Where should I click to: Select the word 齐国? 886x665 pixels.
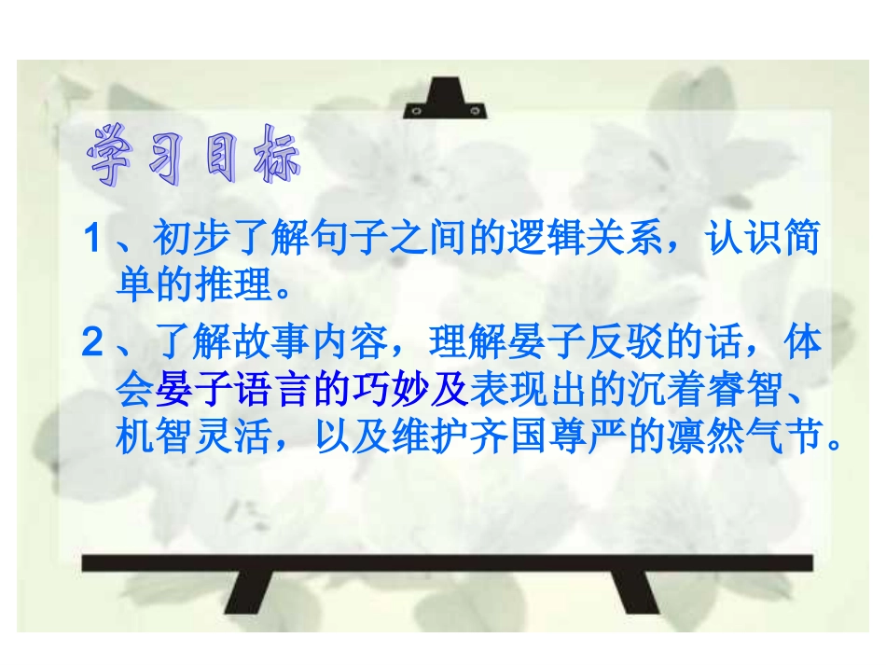pyautogui.click(x=512, y=436)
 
